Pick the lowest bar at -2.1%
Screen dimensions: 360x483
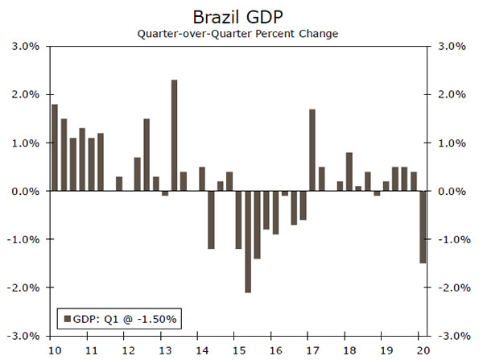(x=248, y=242)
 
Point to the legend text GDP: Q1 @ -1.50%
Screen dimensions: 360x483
(x=125, y=319)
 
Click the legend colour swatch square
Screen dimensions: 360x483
(x=67, y=319)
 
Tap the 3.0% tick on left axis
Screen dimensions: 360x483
(x=25, y=47)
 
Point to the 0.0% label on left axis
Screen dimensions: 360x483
(x=25, y=192)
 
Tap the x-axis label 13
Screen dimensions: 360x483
(x=164, y=350)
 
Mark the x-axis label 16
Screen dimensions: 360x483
(x=276, y=350)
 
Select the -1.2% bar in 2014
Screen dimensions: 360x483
(x=211, y=220)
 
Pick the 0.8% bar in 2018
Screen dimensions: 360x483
(x=349, y=172)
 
